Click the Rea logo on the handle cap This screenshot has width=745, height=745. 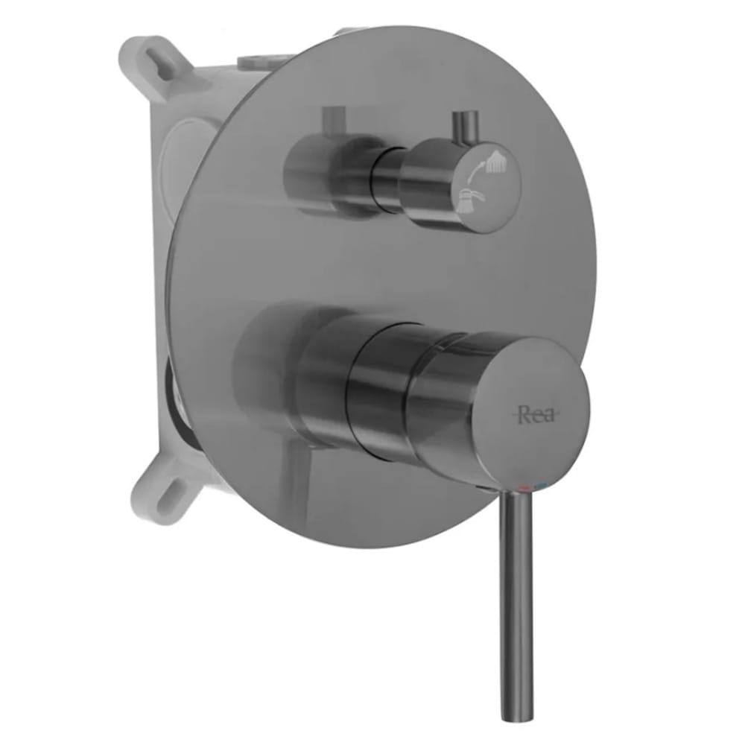coord(535,415)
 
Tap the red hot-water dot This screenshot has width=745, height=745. coord(524,488)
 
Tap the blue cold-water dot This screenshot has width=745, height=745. coord(539,486)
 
